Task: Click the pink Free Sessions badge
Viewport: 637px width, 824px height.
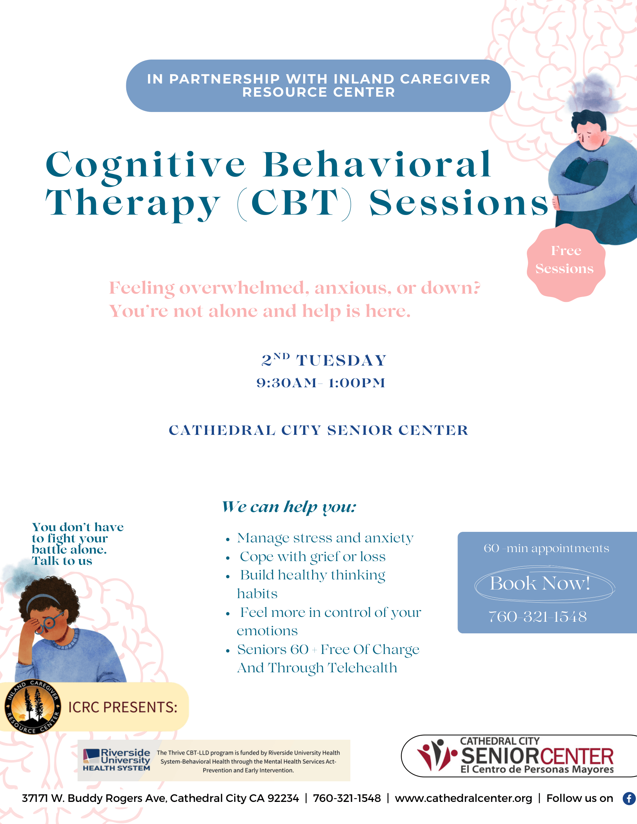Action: (566, 262)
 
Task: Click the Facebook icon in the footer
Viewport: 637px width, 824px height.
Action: (630, 799)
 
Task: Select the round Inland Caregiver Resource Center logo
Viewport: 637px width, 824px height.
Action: (33, 707)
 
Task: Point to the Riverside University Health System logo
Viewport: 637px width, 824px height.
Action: (117, 760)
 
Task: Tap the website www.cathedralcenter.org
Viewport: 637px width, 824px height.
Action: (464, 799)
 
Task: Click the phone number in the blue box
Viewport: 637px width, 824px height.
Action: (538, 617)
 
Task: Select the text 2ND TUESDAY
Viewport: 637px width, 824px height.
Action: (324, 360)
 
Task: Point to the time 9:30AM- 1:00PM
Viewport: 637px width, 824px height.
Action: (321, 383)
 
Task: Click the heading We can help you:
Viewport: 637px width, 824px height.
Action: (289, 507)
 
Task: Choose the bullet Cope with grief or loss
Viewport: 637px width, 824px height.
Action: (313, 557)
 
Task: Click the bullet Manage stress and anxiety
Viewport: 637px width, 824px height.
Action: (325, 538)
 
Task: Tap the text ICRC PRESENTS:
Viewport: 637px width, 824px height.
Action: (123, 707)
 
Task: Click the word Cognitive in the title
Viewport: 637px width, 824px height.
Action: (146, 165)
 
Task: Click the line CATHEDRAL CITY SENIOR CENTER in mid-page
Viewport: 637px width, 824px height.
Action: (318, 430)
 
